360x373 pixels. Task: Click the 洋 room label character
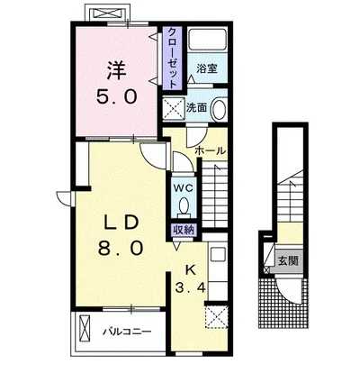116,70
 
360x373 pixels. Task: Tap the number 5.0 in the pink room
117,96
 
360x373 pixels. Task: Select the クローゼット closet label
172,58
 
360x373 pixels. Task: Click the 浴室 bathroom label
207,68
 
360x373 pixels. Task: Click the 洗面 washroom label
197,107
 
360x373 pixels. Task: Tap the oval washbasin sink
219,109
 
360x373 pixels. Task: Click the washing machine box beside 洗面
174,108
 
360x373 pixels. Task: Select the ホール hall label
210,150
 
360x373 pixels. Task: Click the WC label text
184,188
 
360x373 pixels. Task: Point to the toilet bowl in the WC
184,206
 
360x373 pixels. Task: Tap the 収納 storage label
184,231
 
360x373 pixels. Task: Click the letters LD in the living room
121,223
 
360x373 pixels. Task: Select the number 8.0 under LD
121,249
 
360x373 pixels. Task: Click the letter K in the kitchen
190,270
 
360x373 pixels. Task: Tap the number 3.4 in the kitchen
190,288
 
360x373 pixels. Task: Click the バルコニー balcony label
127,332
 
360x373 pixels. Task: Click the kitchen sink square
218,255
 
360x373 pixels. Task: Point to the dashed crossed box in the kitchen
216,316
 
